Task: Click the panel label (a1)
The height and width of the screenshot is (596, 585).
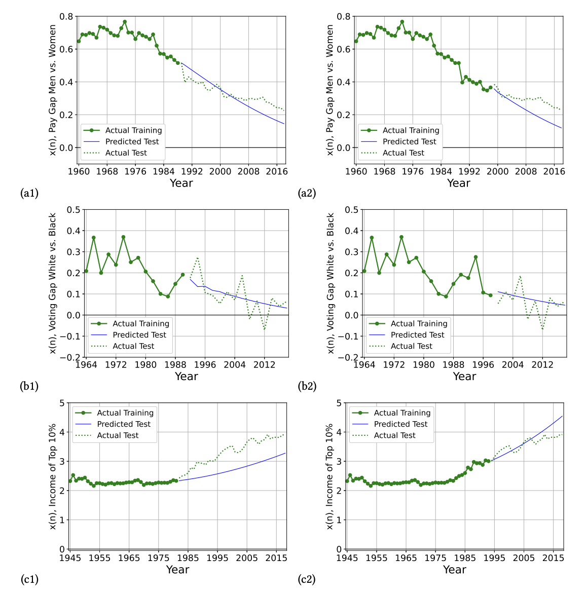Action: pyautogui.click(x=29, y=193)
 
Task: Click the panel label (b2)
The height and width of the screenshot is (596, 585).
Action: pyautogui.click(x=307, y=386)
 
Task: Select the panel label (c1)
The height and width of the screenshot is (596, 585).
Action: pyautogui.click(x=29, y=579)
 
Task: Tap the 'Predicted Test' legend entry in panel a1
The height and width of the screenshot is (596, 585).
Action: pyautogui.click(x=132, y=141)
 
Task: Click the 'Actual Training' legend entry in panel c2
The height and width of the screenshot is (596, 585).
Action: pyautogui.click(x=402, y=413)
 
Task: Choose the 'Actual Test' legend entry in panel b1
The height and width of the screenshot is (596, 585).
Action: pyautogui.click(x=133, y=346)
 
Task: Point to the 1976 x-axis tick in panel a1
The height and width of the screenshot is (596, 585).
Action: pyautogui.click(x=135, y=171)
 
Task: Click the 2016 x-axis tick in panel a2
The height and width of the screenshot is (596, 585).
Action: pyautogui.click(x=554, y=171)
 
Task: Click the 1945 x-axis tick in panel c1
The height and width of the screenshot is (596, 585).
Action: pyautogui.click(x=70, y=558)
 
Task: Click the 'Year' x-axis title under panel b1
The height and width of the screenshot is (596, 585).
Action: pyautogui.click(x=186, y=377)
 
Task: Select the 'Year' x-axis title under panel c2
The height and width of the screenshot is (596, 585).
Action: pyautogui.click(x=454, y=570)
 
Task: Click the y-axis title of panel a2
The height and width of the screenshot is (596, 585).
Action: pyautogui.click(x=330, y=90)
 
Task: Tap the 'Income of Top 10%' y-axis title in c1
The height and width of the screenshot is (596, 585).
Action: pyautogui.click(x=53, y=476)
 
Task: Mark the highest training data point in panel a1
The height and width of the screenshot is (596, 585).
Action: pyautogui.click(x=125, y=22)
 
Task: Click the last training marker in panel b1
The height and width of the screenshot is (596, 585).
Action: pyautogui.click(x=183, y=275)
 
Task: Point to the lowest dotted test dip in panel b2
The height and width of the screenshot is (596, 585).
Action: pyautogui.click(x=543, y=329)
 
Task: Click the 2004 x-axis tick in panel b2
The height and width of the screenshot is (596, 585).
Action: pyautogui.click(x=513, y=364)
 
